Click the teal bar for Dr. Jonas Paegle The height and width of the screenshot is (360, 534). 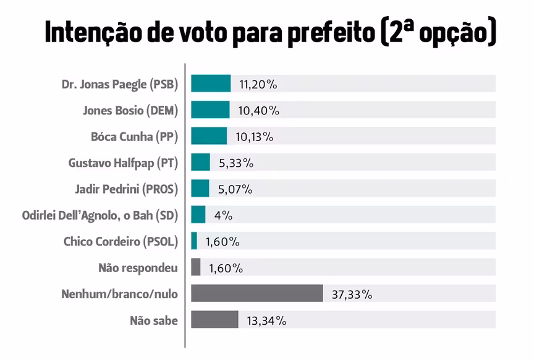pos(211,84)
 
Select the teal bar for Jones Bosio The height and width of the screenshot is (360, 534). pos(210,110)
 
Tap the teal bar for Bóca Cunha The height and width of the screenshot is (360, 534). pos(209,136)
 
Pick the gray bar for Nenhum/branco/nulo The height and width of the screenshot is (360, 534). pos(257,293)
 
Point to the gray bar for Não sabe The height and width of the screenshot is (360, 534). pos(214,320)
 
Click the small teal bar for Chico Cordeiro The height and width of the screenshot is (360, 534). pos(194,241)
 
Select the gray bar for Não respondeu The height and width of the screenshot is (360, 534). pos(196,267)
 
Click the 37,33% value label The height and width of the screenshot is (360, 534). pos(352,294)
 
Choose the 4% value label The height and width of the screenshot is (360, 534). pos(222,215)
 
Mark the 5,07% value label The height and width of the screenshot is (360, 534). pos(235,189)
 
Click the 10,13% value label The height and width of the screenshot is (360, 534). pos(254,137)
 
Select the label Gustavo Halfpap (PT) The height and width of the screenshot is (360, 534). pos(123,163)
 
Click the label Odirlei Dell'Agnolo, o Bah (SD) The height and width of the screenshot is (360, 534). pos(100,215)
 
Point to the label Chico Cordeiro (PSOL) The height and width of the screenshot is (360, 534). pos(121,241)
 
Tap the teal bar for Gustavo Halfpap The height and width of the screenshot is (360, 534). pos(200,162)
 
